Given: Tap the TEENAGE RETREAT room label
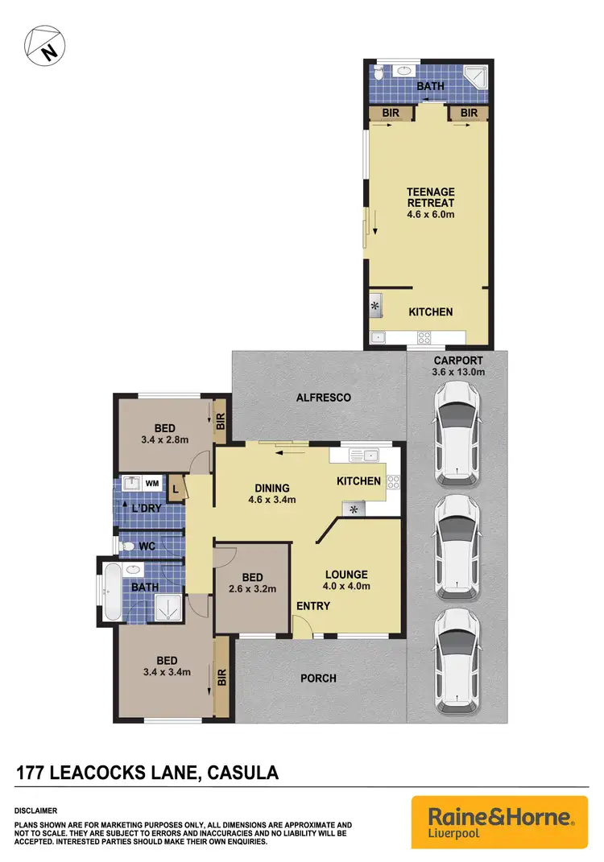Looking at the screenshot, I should pos(431,203).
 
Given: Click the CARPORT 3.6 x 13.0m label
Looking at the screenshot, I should pos(457,366).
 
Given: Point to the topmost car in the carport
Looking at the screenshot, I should pos(457,434).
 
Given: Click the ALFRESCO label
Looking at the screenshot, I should pos(323,398).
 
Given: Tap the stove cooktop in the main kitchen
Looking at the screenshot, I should pos(395,483).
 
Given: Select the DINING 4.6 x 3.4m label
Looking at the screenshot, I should pos(271,493).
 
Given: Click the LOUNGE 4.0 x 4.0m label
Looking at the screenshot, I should pos(346,579).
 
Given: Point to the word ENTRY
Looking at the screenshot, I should pos(312,606).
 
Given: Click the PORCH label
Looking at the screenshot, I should pos(318,678).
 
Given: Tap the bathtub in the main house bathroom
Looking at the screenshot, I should pos(110,592).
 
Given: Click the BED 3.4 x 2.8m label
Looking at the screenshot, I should pos(164,434).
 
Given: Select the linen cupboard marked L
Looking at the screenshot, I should pos(176,489).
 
